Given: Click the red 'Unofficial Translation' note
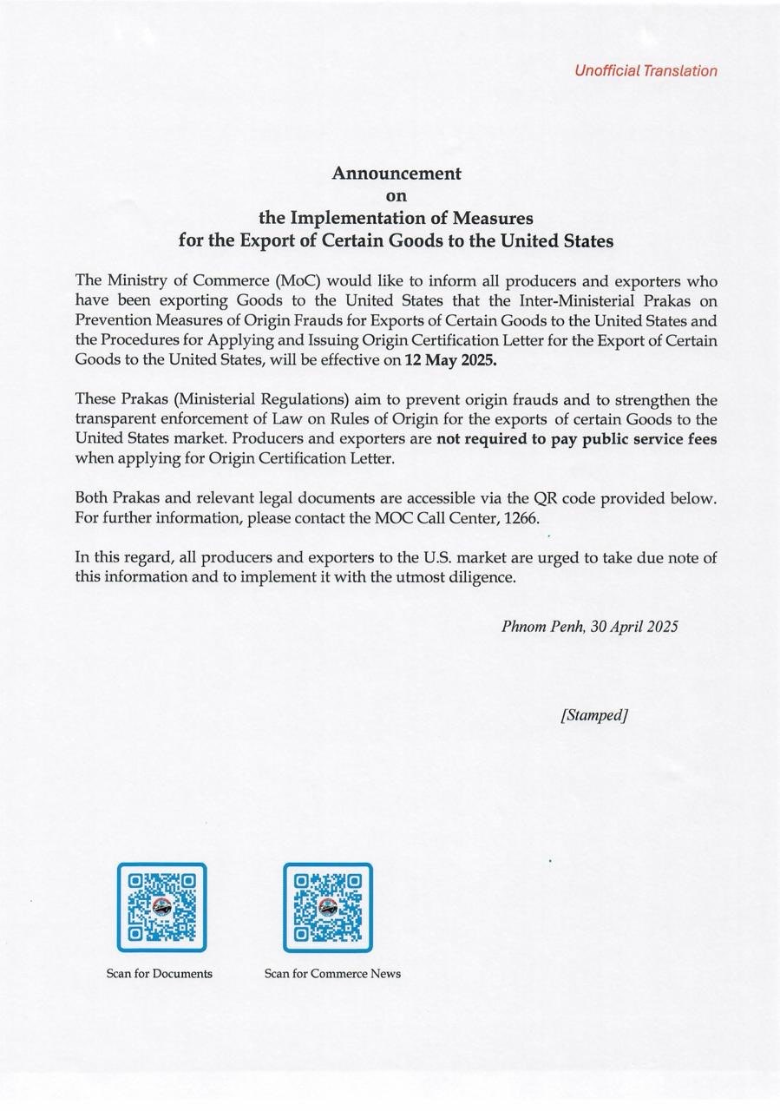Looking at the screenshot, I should (x=646, y=71).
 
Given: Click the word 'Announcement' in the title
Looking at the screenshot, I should (x=397, y=173).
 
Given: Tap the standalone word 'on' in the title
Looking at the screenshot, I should (x=396, y=195).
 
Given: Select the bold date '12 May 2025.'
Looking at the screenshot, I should (x=451, y=361).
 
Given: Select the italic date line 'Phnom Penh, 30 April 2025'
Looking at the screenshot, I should (x=589, y=627).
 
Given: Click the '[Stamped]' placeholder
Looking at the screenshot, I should (x=593, y=715).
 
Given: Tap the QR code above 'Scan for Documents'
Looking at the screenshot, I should (x=162, y=907).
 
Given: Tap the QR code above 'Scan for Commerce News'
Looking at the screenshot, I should (x=328, y=907).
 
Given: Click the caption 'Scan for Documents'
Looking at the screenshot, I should (x=160, y=974).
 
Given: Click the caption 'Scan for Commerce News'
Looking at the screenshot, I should (x=332, y=974).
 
